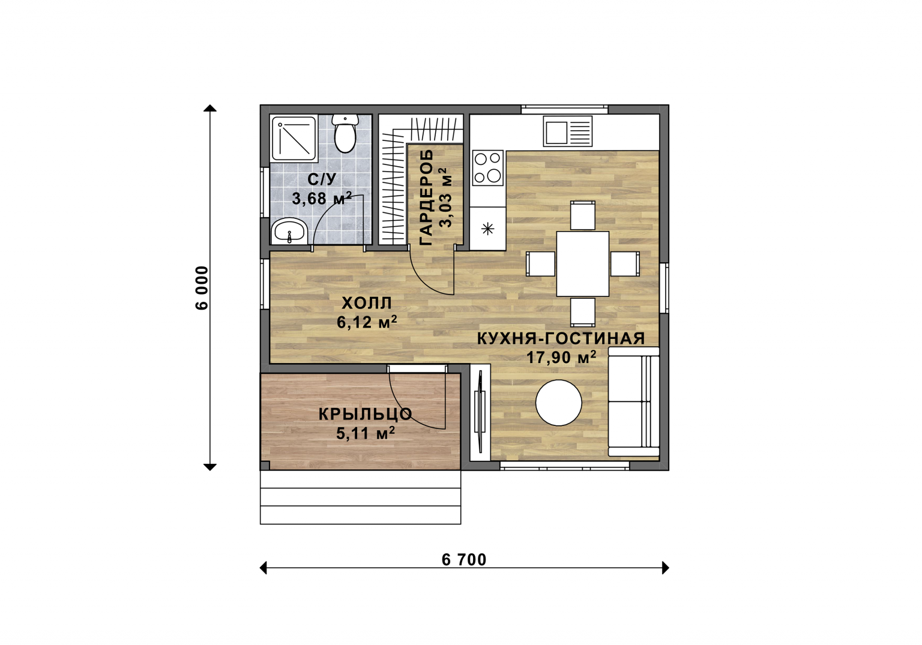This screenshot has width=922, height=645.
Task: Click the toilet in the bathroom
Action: pyautogui.click(x=345, y=133)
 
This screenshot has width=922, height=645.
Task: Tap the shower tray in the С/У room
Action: pyautogui.click(x=294, y=138)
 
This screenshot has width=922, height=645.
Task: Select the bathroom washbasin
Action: pyautogui.click(x=289, y=232)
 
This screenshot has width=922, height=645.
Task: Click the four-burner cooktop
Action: pyautogui.click(x=488, y=168)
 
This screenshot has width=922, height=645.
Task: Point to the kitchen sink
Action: pyautogui.click(x=568, y=131)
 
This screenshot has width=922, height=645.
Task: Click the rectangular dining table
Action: pyautogui.click(x=582, y=263)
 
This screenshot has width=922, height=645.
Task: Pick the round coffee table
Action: pyautogui.click(x=559, y=403)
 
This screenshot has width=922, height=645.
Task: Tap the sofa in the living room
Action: pyautogui.click(x=633, y=402)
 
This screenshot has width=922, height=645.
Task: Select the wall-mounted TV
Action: pyautogui.click(x=480, y=412)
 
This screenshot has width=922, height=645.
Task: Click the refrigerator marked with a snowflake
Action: pyautogui.click(x=488, y=229)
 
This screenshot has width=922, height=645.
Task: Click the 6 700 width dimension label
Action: pyautogui.click(x=464, y=560)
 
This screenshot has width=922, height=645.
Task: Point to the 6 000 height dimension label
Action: pyautogui.click(x=202, y=287)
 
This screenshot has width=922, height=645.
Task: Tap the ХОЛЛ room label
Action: pyautogui.click(x=367, y=304)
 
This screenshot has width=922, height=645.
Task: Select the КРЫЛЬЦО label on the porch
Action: pyautogui.click(x=365, y=414)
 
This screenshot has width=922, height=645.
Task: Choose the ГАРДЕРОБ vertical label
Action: pyautogui.click(x=426, y=197)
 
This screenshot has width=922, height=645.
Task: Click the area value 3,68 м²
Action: pyautogui.click(x=322, y=198)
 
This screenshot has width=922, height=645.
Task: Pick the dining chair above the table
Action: pyautogui.click(x=582, y=215)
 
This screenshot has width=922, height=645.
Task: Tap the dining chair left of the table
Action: pyautogui.click(x=540, y=263)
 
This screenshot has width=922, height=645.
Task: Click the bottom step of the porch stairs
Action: pyautogui.click(x=360, y=515)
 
